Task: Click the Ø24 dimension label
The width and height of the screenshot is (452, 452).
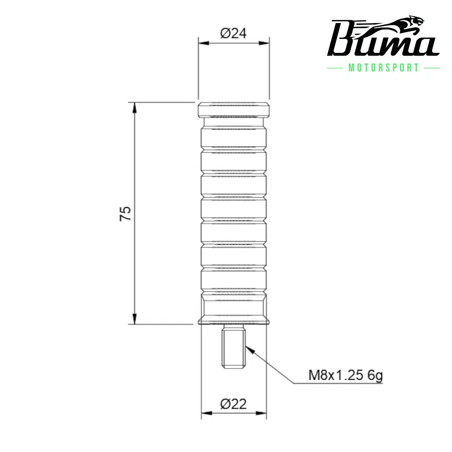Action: click(234, 33)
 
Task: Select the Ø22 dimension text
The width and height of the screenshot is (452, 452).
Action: click(234, 404)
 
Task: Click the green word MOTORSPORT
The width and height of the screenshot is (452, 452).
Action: click(384, 68)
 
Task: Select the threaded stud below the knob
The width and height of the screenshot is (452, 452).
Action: click(234, 347)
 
